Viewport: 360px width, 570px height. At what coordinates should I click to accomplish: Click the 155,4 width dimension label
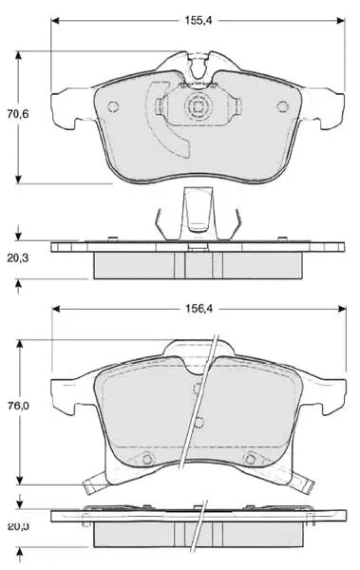199,21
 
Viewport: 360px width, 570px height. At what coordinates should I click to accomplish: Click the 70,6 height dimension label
18,114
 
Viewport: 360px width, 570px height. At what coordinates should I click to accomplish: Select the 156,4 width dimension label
199,309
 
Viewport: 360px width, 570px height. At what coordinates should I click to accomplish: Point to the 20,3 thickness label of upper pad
18,258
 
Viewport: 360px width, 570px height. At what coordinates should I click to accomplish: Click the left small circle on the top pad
113,106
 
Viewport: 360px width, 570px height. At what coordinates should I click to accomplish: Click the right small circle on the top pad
282,106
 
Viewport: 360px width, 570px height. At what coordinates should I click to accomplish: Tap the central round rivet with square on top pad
198,106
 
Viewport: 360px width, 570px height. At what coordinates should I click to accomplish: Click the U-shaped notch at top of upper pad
198,68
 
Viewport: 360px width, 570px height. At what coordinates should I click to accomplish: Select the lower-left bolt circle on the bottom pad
146,459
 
